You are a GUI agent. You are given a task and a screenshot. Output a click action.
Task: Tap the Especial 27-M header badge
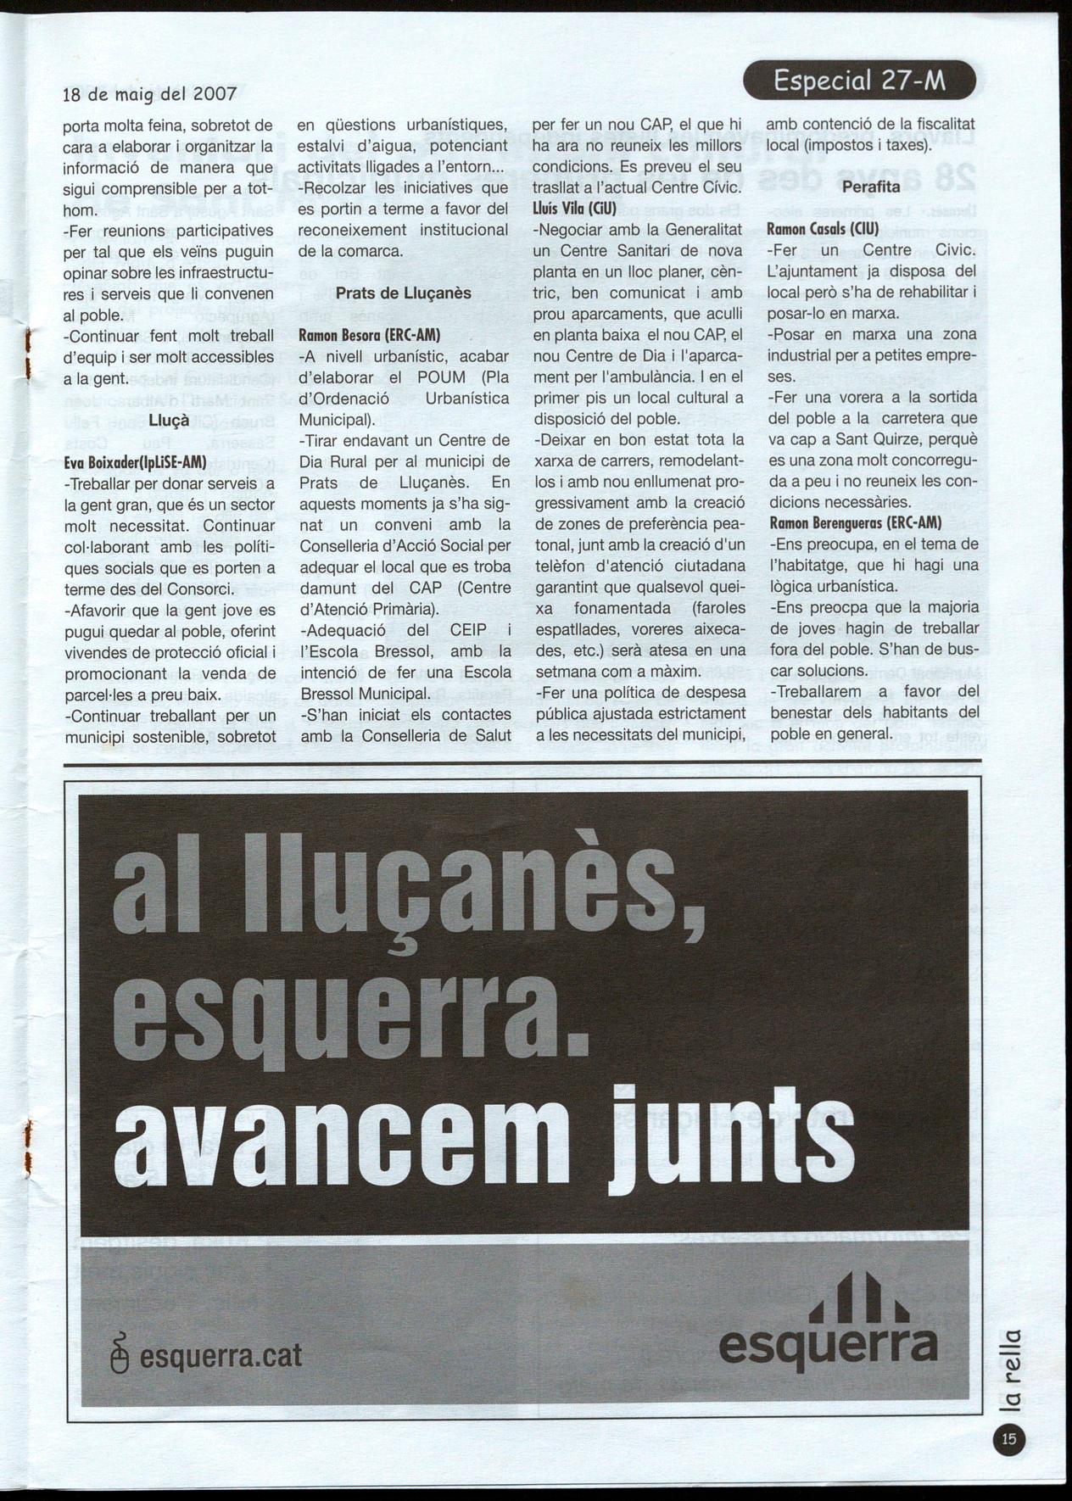(859, 81)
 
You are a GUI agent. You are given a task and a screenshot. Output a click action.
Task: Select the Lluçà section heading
(169, 421)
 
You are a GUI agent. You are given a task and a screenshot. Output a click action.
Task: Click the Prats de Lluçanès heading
(403, 293)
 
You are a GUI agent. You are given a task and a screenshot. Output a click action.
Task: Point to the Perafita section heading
(871, 187)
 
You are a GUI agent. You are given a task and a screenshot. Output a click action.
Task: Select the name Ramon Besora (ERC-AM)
(370, 335)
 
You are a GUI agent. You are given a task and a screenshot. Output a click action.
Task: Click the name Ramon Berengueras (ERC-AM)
(856, 523)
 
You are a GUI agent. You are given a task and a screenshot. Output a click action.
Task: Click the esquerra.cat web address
(220, 1354)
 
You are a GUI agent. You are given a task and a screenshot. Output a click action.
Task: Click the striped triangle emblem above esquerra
(858, 1299)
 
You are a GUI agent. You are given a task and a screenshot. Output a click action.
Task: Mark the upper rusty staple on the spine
(28, 354)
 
